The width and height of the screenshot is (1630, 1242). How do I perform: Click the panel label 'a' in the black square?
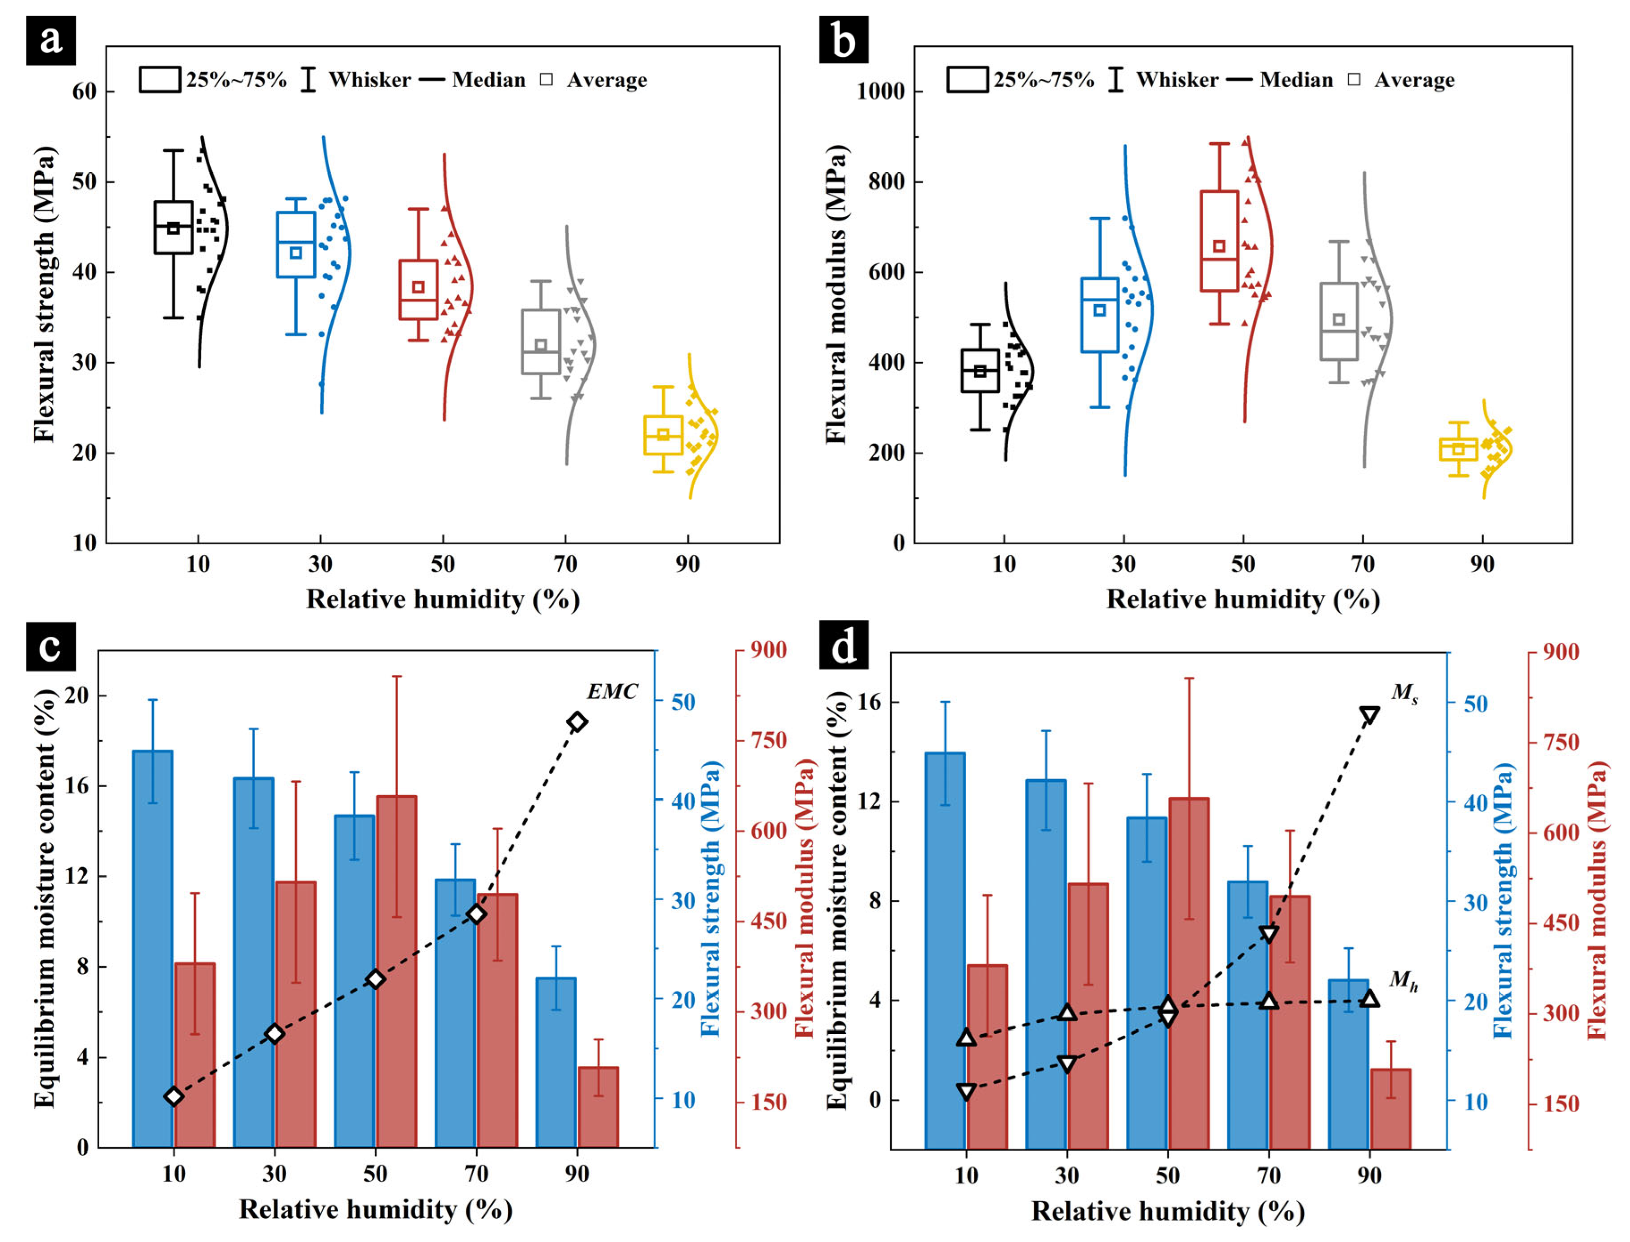[x=50, y=40]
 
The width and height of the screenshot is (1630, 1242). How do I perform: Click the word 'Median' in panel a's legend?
[x=488, y=80]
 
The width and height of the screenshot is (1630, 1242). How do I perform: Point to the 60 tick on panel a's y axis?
[x=84, y=92]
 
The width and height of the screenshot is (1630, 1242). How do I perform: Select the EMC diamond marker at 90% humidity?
[x=577, y=721]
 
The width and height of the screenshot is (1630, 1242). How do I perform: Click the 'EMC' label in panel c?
[x=612, y=692]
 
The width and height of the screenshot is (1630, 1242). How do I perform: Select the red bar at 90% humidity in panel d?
[x=1391, y=1108]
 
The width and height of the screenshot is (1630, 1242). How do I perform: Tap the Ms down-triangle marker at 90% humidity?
[x=1370, y=715]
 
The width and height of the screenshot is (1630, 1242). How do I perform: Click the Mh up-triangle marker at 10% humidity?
[x=966, y=1037]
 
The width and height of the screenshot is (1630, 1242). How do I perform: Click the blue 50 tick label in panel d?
[x=1476, y=704]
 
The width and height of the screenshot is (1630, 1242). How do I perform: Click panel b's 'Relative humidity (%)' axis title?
[x=1243, y=599]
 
